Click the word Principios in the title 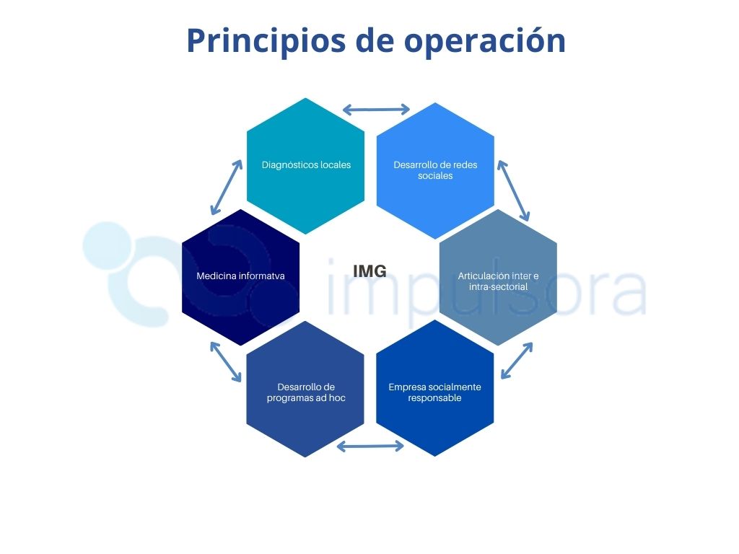point(266,41)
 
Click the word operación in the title point(485,41)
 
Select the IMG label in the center point(370,271)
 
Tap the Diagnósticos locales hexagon point(305,166)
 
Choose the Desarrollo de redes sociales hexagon point(435,170)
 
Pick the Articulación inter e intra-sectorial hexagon point(498,277)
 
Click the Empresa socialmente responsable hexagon point(434,388)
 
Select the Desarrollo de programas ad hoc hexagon point(305,389)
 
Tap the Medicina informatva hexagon point(240,277)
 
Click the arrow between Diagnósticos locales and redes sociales point(376,110)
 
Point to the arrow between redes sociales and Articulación point(513,190)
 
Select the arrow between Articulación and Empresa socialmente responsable point(517,361)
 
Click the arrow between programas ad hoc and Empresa point(370,446)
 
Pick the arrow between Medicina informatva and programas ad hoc point(226,362)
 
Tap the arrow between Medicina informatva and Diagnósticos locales point(226,187)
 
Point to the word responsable point(434,398)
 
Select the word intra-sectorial point(498,286)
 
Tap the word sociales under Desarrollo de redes point(435,176)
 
